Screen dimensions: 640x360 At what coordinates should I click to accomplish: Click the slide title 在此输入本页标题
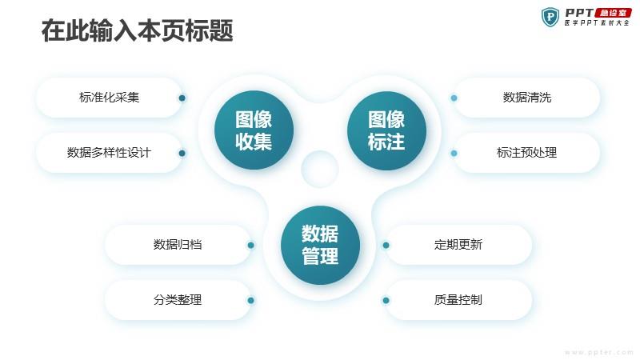137,30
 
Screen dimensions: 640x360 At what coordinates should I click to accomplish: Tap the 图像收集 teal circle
254,130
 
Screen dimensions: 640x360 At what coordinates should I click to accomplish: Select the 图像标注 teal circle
386,130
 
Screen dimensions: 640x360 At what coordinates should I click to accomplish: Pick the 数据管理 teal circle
321,245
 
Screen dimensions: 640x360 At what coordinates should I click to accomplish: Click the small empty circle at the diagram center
320,169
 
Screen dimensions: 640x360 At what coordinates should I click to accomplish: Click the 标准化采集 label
109,98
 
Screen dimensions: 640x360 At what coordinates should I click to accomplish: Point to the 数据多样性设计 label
109,153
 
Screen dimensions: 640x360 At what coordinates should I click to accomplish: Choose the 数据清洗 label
527,98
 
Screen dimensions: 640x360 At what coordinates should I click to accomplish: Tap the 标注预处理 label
527,153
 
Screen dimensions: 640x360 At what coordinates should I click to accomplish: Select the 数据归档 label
178,245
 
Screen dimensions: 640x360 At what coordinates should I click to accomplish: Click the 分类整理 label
178,299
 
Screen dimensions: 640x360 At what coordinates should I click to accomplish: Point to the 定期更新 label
458,245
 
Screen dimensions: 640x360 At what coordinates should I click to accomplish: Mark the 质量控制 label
458,299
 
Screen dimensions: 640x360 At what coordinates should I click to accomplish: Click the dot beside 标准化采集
182,98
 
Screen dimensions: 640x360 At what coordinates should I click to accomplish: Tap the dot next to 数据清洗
454,98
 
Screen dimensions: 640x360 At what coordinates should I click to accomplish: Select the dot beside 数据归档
250,245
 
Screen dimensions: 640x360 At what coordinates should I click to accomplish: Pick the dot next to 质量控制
386,301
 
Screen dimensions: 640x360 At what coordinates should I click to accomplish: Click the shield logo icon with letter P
550,17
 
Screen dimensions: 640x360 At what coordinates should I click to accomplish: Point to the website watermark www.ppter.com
598,352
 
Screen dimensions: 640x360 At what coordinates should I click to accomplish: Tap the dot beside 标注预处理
454,153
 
